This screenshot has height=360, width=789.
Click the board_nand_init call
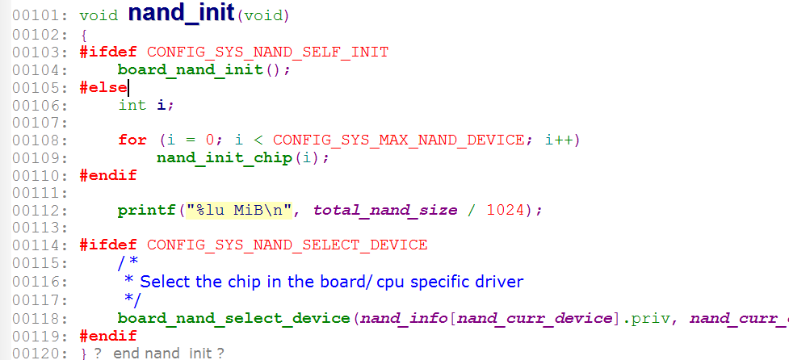190,70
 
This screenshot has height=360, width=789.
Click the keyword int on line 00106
132,105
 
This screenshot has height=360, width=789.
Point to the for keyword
132,140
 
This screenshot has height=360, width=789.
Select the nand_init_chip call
224,157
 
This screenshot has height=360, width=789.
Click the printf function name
146,210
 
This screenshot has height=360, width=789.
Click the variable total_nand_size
385,210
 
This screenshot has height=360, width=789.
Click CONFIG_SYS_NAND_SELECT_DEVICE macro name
287,245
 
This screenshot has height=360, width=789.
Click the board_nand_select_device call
234,318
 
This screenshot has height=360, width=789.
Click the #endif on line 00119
108,336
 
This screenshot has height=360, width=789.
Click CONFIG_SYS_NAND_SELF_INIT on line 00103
267,52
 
